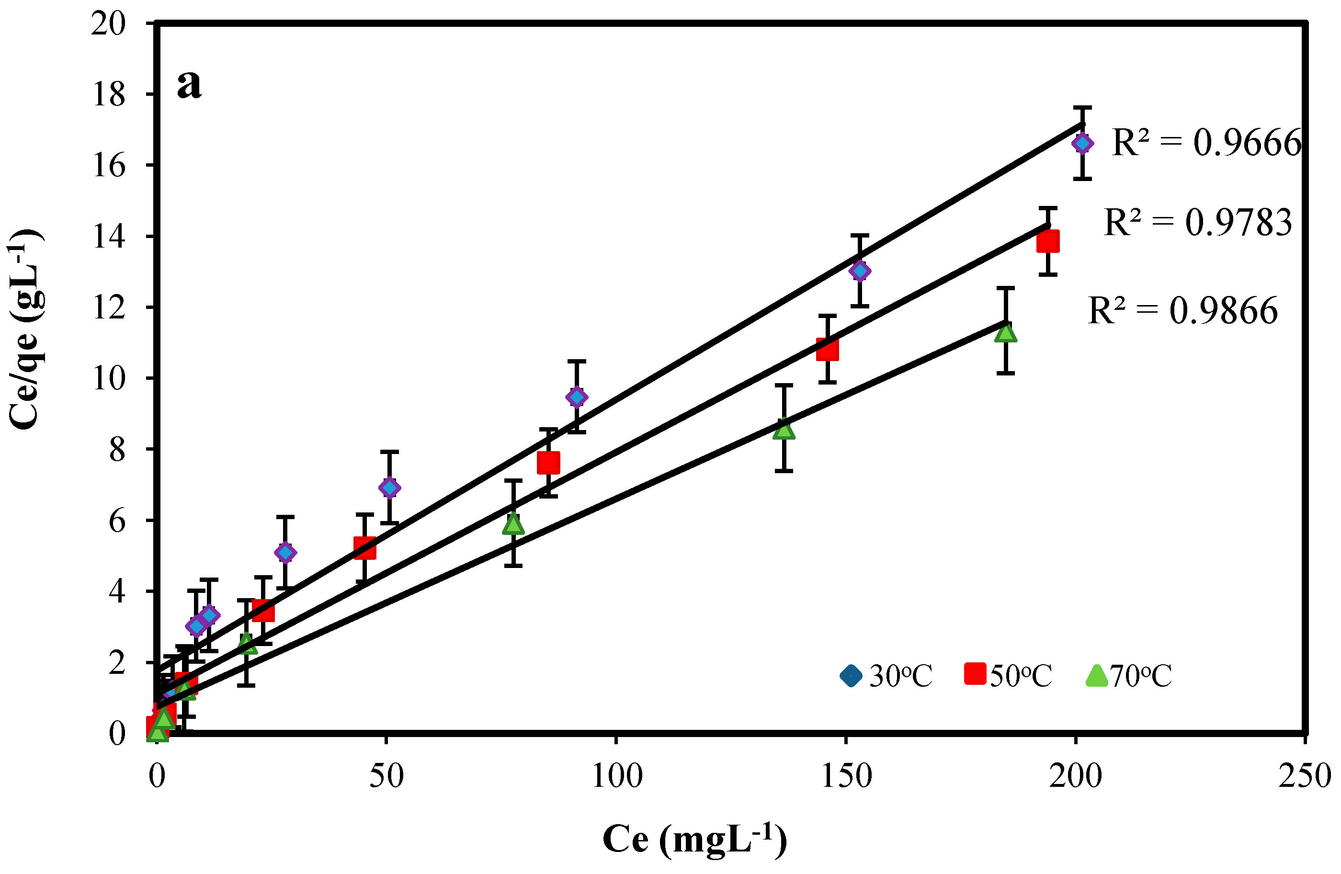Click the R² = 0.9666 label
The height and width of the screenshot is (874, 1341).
(x=1206, y=143)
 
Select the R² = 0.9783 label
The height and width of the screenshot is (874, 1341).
(x=1197, y=222)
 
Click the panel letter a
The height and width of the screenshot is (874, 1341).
(x=189, y=84)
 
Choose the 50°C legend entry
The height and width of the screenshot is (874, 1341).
(x=1008, y=675)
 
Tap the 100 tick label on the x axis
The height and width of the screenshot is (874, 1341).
(x=616, y=776)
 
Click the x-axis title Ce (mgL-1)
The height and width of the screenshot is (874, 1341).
(x=694, y=840)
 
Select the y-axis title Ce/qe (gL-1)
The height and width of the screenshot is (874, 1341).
(x=25, y=329)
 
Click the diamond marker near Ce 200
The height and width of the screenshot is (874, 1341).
(x=1082, y=144)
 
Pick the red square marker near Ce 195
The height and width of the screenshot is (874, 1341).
(x=1048, y=241)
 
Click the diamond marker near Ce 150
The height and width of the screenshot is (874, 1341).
(x=860, y=271)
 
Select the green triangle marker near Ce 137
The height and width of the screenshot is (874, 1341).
(x=784, y=431)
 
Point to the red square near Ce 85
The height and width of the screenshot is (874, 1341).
(x=548, y=463)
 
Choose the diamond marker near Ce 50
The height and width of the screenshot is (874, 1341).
(x=389, y=488)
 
